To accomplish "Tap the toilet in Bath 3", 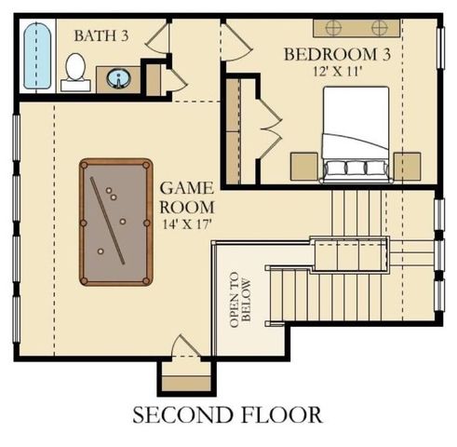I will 75,71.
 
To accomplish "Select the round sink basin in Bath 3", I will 119,75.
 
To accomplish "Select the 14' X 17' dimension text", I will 186,223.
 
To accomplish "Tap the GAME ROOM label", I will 186,197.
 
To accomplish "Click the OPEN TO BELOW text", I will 241,296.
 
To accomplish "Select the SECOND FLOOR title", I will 228,413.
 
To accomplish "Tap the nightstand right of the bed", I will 407,166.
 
